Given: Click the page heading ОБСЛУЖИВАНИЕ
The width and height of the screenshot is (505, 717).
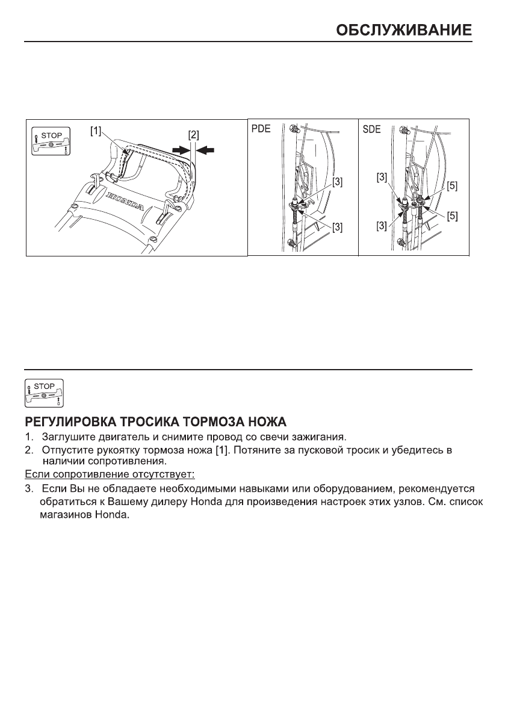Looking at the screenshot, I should click(403, 30).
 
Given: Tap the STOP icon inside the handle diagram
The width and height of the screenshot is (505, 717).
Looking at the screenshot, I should click(51, 141).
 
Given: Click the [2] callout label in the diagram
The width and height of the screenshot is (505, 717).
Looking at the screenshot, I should click(193, 135).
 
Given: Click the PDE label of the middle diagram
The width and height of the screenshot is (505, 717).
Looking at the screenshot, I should click(260, 129).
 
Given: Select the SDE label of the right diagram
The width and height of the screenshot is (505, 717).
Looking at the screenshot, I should click(371, 129).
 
